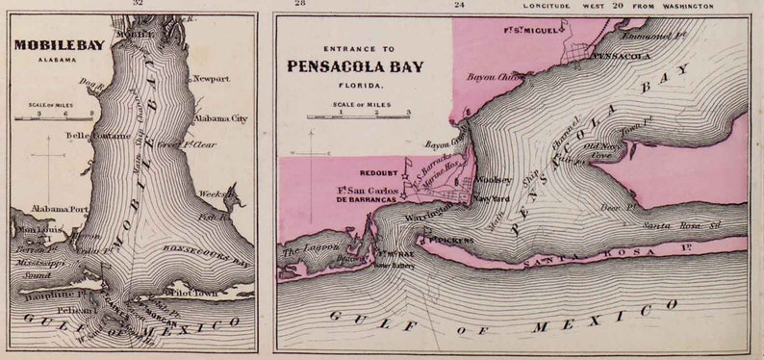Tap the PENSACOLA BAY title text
pos(357,66)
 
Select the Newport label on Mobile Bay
pos(212,79)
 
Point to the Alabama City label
pos(220,118)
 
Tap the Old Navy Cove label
pos(602,152)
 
